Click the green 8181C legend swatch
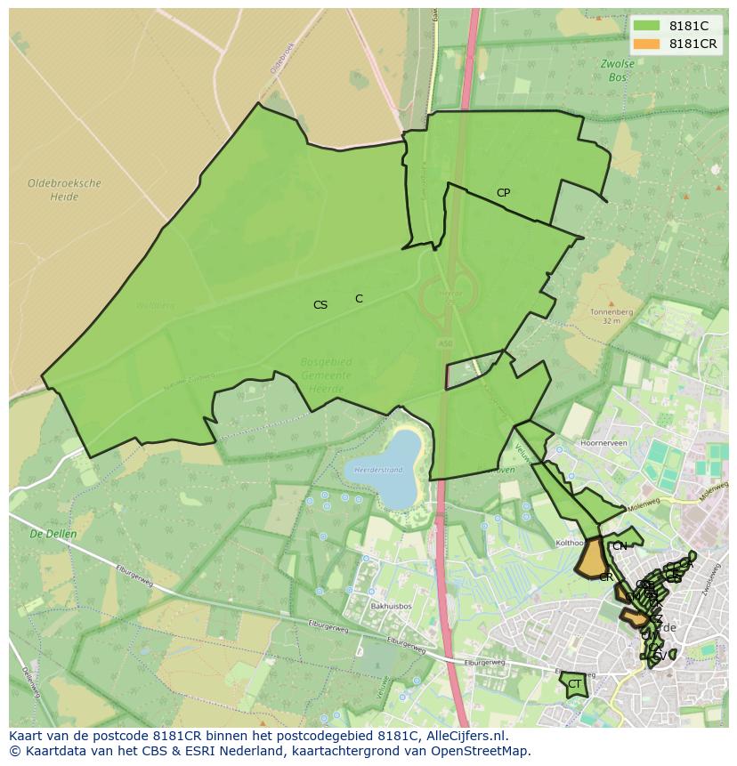click(x=647, y=27)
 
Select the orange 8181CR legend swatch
click(x=647, y=44)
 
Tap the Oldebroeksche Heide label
click(x=64, y=189)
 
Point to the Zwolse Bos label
click(x=618, y=70)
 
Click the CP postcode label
click(x=503, y=193)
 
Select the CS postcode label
click(x=320, y=305)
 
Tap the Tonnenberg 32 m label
click(x=611, y=316)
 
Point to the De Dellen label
click(x=53, y=535)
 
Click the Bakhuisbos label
click(x=391, y=607)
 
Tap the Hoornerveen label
click(x=604, y=442)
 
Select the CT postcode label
click(x=575, y=684)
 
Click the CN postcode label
click(x=620, y=546)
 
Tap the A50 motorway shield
click(x=445, y=343)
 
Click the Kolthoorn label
click(x=570, y=542)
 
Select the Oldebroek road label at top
click(x=281, y=56)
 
